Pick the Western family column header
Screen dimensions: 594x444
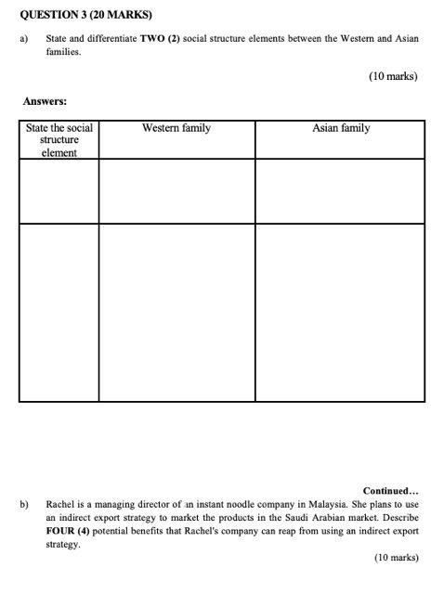click(176, 128)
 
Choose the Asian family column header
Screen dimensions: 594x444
click(339, 128)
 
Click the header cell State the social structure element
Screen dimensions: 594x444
click(59, 140)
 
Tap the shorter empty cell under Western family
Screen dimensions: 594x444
click(176, 191)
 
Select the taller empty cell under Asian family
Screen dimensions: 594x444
click(339, 313)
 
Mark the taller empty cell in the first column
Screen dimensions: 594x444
click(59, 313)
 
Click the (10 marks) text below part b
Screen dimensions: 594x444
click(396, 558)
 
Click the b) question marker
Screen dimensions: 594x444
click(24, 505)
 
